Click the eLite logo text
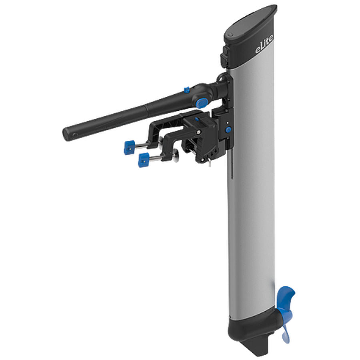[264, 47]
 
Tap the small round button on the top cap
[231, 36]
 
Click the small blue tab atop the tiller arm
[186, 90]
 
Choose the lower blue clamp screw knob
[144, 160]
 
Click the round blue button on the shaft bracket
[228, 130]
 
